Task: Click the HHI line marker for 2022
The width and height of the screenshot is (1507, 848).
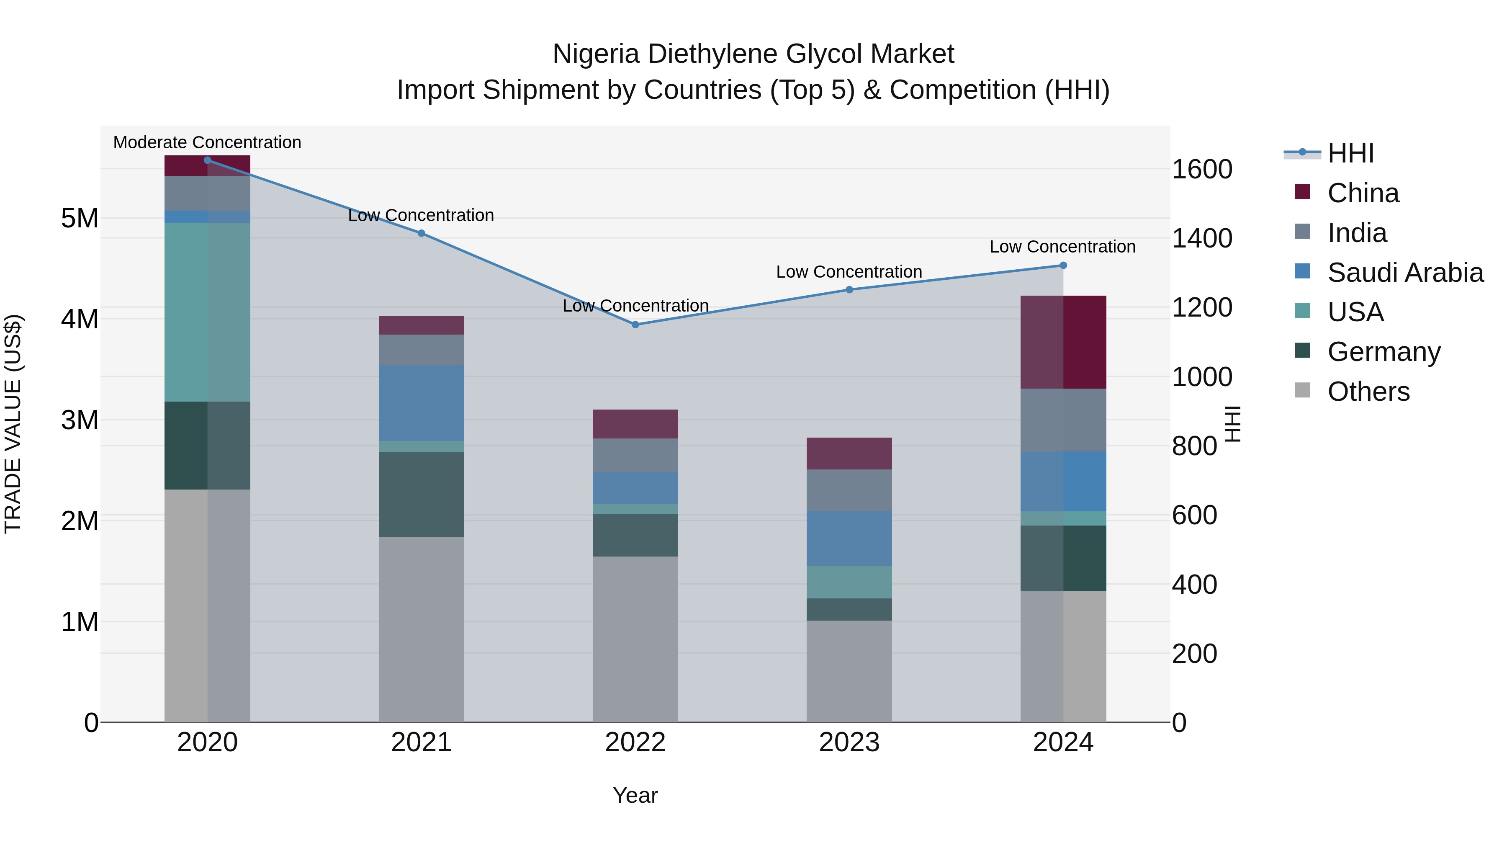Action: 635,324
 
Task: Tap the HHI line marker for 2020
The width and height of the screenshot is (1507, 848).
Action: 207,160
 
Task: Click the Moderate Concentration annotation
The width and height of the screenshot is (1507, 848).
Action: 207,142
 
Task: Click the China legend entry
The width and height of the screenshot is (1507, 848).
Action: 1363,193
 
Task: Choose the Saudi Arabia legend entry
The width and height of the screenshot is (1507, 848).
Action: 1404,273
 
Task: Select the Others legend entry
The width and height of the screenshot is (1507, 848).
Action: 1368,392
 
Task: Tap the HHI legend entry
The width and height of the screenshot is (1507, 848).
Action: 1350,153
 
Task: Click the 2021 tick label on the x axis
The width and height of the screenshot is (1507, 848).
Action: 421,742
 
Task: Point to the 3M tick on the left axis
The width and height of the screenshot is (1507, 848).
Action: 80,420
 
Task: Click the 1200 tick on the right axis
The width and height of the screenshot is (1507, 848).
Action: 1201,307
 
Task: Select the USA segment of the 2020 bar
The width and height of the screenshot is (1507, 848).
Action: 207,312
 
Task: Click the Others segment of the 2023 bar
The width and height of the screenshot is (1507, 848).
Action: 849,671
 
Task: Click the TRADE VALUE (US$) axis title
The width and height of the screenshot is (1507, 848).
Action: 13,424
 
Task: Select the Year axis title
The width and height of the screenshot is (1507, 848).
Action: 635,795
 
